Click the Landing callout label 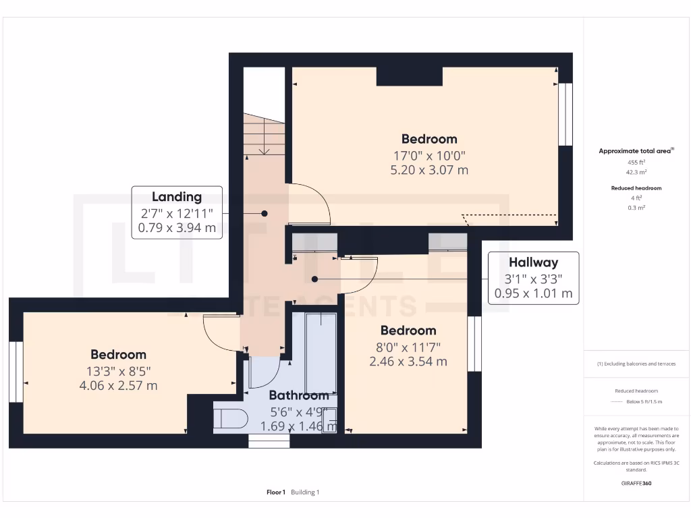(177, 197)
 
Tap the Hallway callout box (533, 278)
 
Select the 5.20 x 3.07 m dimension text (429, 170)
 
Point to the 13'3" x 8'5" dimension (118, 370)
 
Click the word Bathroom (299, 395)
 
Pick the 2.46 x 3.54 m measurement (408, 361)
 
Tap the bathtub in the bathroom (321, 352)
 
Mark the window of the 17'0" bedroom (565, 114)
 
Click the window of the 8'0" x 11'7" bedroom (474, 343)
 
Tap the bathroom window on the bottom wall (269, 441)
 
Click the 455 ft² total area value (637, 163)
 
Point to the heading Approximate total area (636, 151)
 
